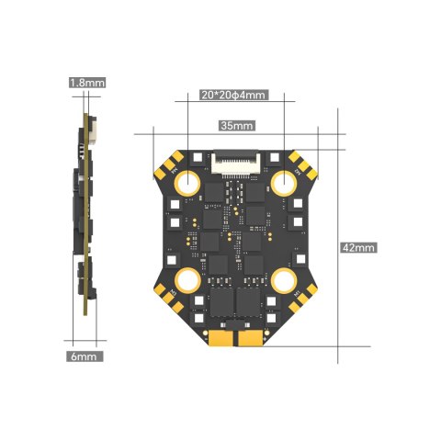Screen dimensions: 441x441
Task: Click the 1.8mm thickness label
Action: tap(87, 83)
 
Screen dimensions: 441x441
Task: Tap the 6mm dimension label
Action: tap(86, 355)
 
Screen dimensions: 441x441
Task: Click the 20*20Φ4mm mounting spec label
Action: tap(233, 95)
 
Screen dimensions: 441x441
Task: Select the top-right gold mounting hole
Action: tap(283, 182)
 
